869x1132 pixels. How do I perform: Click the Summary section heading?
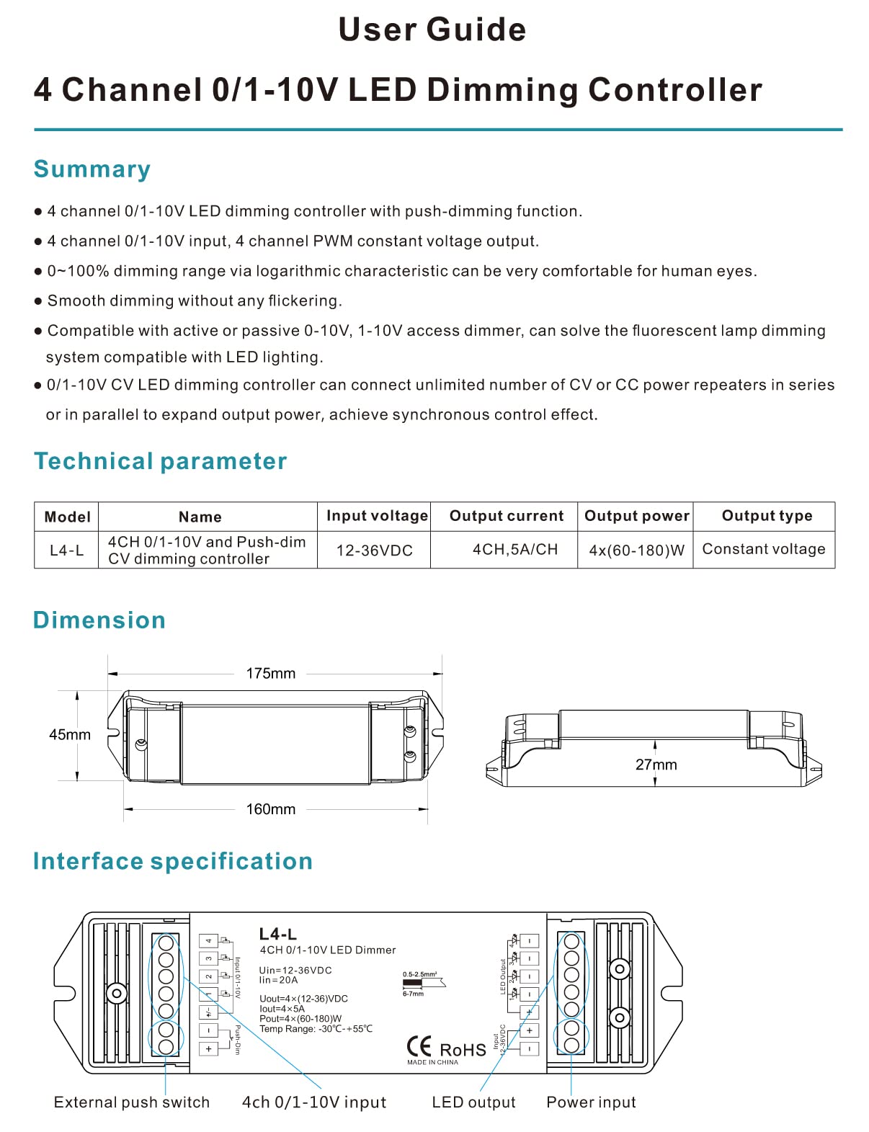click(92, 169)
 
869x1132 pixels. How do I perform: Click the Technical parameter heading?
click(160, 461)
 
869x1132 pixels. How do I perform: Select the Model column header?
click(67, 517)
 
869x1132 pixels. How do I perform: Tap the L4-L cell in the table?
click(66, 551)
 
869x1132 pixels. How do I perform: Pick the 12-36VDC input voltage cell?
click(374, 551)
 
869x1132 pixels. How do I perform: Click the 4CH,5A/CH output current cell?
click(514, 550)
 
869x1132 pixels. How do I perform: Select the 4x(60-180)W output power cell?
click(636, 551)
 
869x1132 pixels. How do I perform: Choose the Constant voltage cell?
click(764, 549)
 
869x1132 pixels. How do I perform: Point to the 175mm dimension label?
click(271, 674)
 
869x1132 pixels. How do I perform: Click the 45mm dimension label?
click(70, 735)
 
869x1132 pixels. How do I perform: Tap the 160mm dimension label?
click(271, 809)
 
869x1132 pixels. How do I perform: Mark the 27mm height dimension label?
click(656, 765)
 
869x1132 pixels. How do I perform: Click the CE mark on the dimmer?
click(419, 1046)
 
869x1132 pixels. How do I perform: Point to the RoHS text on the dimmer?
click(463, 1050)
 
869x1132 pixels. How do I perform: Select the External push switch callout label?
click(132, 1102)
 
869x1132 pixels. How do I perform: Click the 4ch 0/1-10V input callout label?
click(314, 1102)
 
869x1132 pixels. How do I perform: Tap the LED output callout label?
click(473, 1102)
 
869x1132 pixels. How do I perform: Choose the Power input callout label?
click(591, 1102)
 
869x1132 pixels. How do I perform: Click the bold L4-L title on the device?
click(278, 934)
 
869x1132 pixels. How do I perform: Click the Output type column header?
click(767, 516)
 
